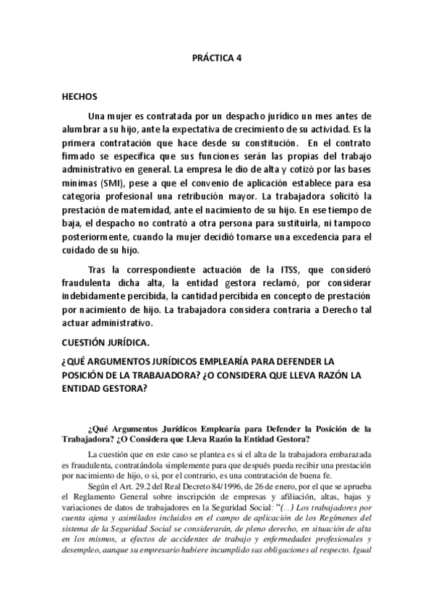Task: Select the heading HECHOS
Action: (x=80, y=95)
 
